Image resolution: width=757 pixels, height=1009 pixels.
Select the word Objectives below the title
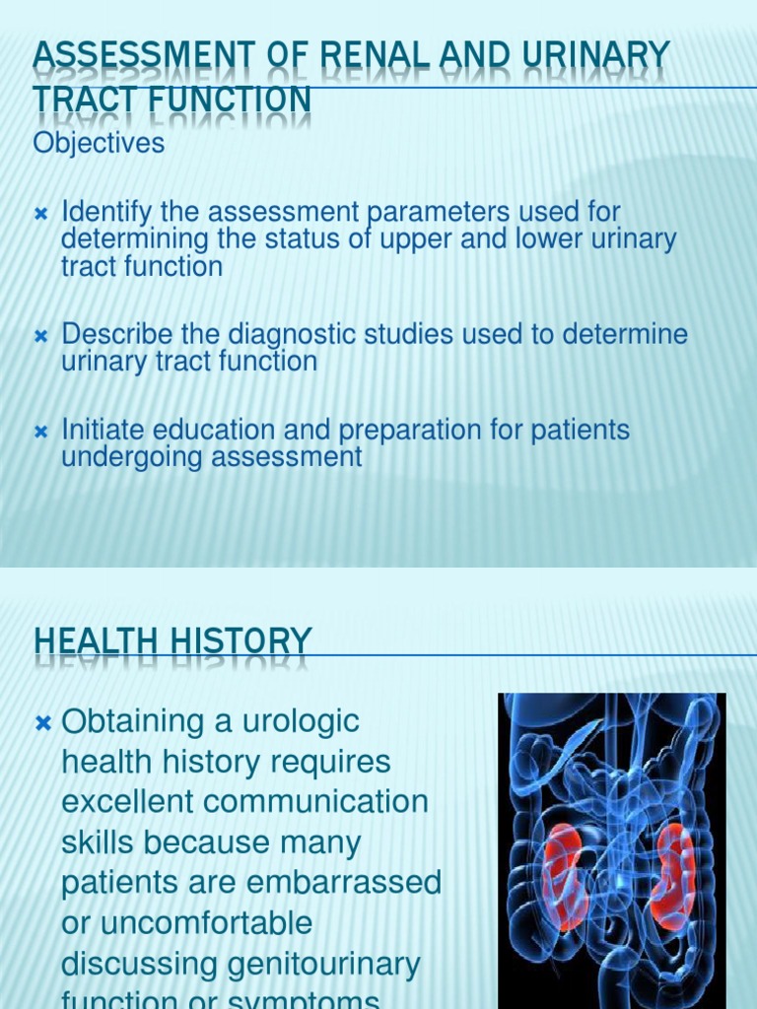[99, 143]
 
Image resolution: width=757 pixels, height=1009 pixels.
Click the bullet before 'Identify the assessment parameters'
[41, 214]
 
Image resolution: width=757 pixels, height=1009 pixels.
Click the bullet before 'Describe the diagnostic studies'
[41, 336]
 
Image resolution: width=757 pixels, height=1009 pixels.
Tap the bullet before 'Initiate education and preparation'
[41, 432]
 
